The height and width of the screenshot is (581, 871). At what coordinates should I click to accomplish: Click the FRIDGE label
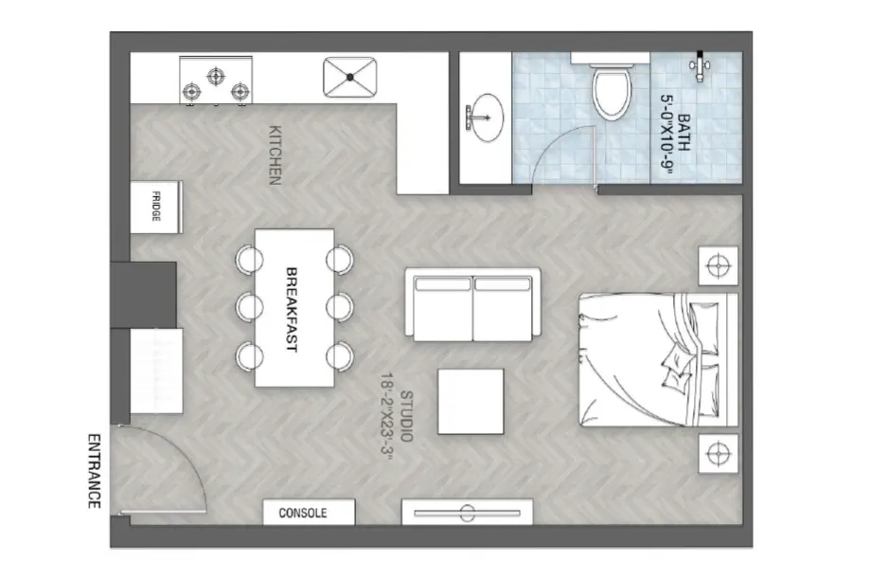coord(156,206)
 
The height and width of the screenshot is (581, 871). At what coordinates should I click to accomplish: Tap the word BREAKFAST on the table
coord(292,308)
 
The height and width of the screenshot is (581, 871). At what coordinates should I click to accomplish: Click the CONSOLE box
coord(308,513)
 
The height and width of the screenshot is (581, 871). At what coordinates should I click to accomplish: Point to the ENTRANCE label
coord(94,471)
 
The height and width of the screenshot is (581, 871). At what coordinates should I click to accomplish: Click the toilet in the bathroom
coord(611,92)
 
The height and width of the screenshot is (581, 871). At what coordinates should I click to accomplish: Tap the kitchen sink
coord(350,78)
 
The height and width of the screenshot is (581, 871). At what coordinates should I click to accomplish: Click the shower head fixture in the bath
coord(700,65)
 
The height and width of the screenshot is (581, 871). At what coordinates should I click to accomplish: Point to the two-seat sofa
coord(473,303)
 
